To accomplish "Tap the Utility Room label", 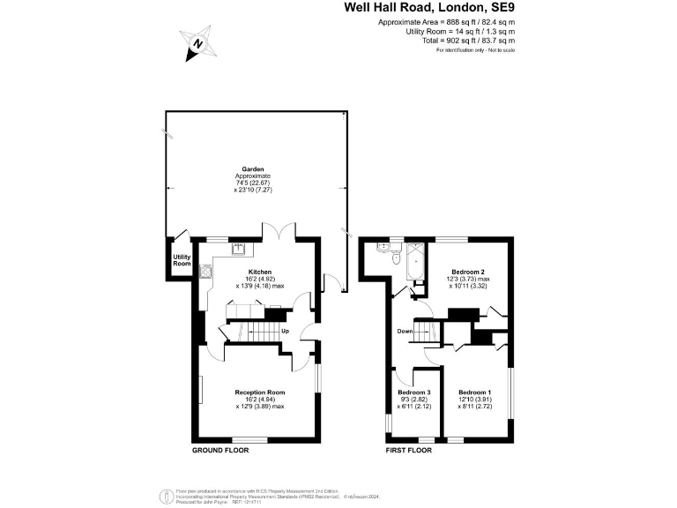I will (182, 260).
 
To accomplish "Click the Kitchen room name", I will (259, 272).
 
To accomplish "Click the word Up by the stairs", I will (285, 332).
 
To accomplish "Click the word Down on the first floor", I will (405, 332).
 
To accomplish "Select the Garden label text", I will (254, 168).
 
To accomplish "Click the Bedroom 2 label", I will (468, 272).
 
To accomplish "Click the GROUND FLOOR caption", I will (220, 450).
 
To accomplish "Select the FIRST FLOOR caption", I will (410, 450).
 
